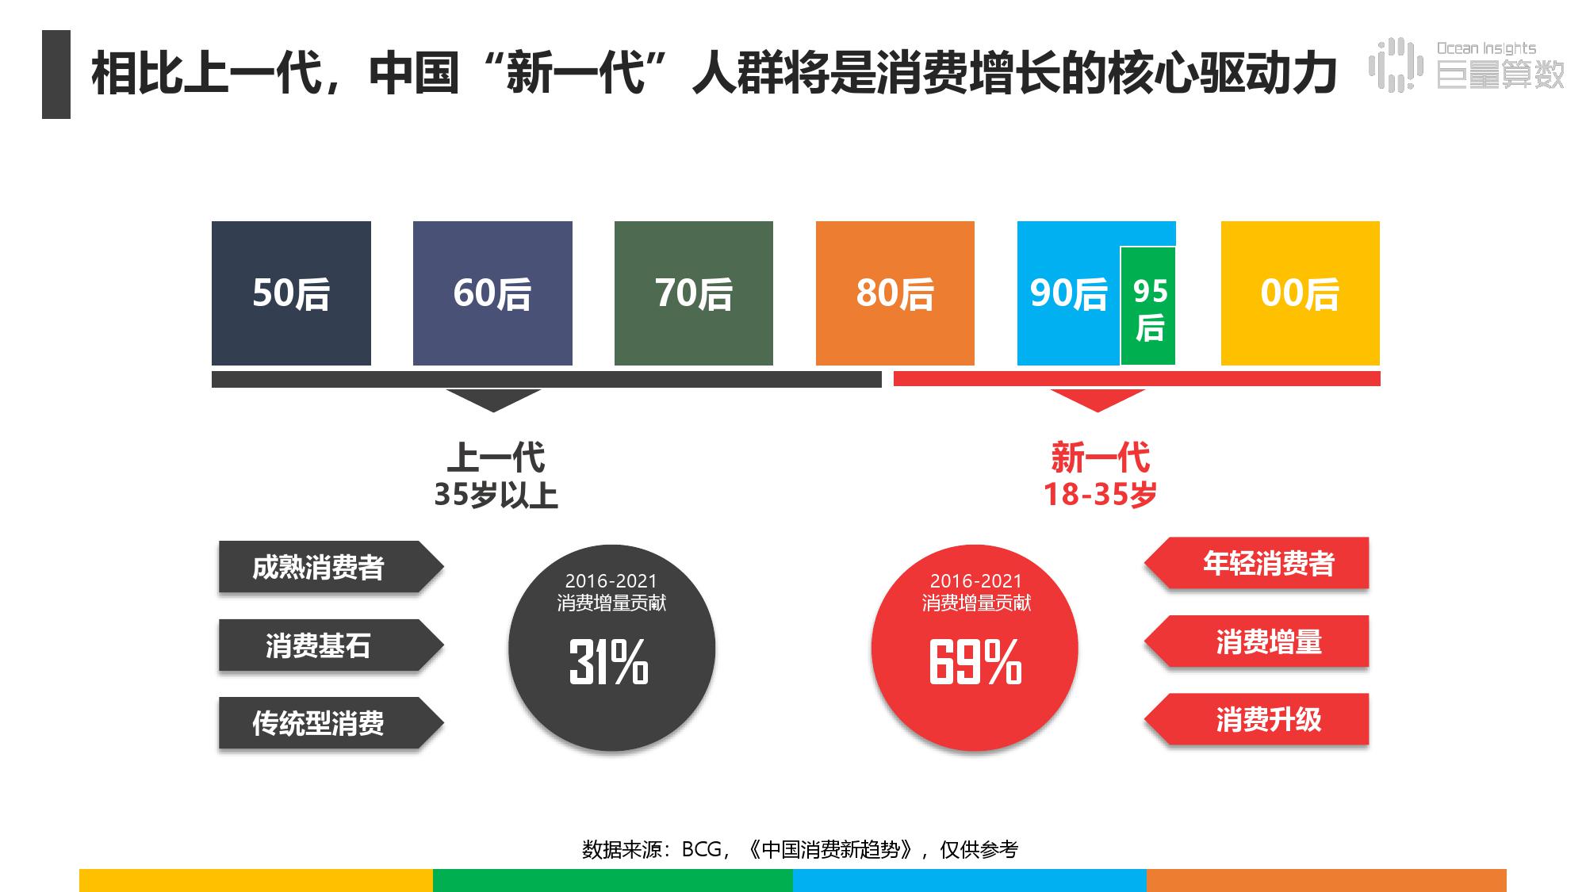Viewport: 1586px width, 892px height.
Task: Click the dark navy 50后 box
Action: [x=291, y=293]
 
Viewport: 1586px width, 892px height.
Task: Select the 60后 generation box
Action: [x=492, y=293]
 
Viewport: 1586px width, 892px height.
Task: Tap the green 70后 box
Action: [x=694, y=293]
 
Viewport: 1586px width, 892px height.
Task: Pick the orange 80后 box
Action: [x=895, y=293]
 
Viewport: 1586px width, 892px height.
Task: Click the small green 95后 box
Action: [x=1148, y=308]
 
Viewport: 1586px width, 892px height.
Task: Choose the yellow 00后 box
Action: [x=1300, y=293]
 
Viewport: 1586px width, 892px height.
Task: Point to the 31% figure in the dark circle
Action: [x=609, y=662]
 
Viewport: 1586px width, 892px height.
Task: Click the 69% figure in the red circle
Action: [x=975, y=662]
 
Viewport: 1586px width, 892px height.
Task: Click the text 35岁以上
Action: [x=496, y=495]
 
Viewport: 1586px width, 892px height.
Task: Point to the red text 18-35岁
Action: [x=1100, y=495]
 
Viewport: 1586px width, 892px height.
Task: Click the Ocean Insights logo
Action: [x=1467, y=64]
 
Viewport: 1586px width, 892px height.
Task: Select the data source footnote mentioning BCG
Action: [x=799, y=849]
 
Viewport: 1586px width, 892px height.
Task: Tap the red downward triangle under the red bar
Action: [x=1098, y=400]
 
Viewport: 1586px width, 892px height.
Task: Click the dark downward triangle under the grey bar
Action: [x=493, y=400]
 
